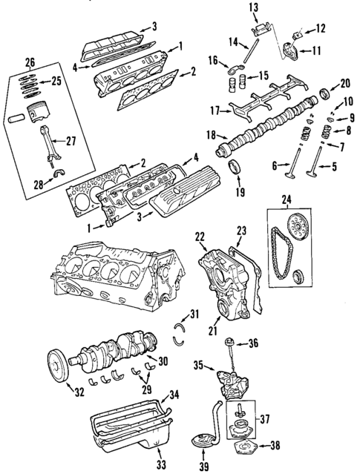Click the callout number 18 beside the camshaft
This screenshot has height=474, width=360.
pyautogui.click(x=211, y=135)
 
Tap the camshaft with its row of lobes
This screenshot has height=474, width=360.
pyautogui.click(x=267, y=131)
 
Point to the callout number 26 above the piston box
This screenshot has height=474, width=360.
pyautogui.click(x=29, y=61)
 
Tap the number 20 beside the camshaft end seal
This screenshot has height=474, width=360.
pyautogui.click(x=344, y=83)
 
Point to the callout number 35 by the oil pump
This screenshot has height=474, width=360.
pyautogui.click(x=198, y=366)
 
